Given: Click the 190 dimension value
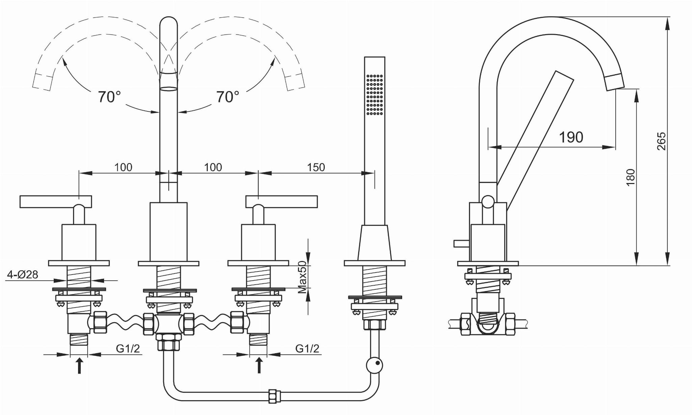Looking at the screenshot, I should tap(571, 137).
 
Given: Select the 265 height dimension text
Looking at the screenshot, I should tap(662, 141).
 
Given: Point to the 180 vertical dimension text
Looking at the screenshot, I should tap(631, 177).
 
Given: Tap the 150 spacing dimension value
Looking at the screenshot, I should tap(316, 167).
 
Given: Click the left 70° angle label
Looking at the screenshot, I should tap(109, 97).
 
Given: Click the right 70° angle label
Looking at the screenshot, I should tap(227, 97).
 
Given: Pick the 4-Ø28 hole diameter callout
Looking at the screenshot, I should tap(22, 275).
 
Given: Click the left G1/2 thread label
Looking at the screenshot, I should tap(128, 348).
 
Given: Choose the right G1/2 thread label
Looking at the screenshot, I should tap(307, 348).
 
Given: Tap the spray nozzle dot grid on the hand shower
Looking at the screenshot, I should tap(375, 94).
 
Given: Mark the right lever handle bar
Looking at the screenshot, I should tap(281, 201).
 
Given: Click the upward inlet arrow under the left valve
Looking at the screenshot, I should tap(79, 366).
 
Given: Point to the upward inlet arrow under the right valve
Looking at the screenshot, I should tap(259, 366).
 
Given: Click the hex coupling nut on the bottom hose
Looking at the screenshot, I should tap(272, 396).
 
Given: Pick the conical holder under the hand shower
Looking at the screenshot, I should tap(375, 242).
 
